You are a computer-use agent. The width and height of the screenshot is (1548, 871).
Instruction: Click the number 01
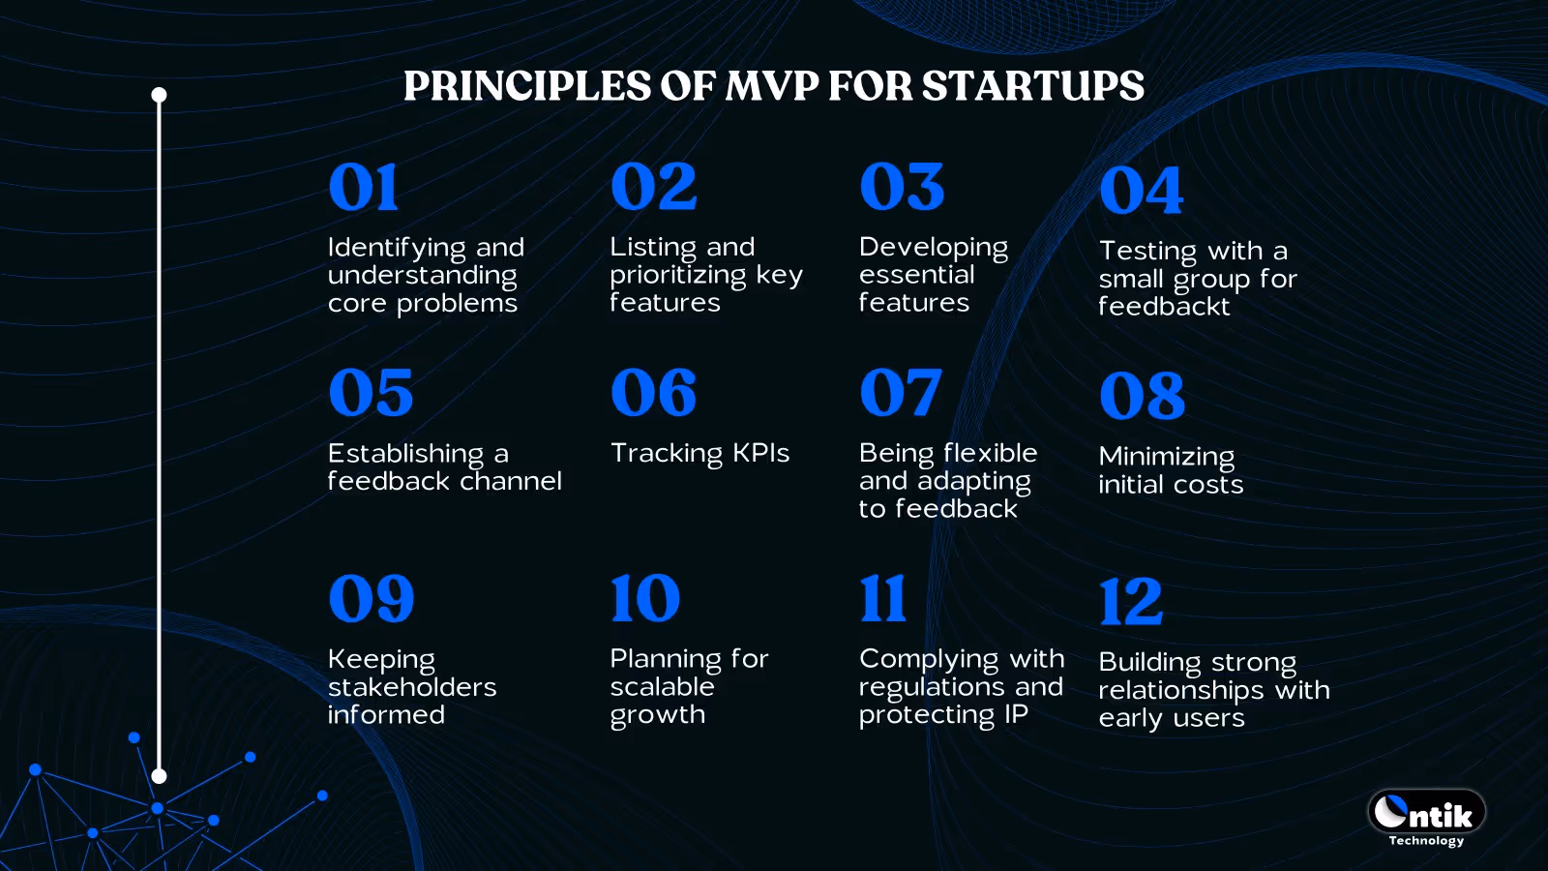(x=363, y=187)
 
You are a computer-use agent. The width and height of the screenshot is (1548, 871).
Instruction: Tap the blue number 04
(x=1141, y=191)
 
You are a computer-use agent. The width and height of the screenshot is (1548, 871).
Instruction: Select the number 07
(x=900, y=393)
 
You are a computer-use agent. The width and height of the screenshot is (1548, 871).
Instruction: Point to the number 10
(x=644, y=598)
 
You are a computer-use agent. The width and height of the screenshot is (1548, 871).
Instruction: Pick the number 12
(x=1130, y=602)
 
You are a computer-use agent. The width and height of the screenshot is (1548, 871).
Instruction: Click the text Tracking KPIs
(x=700, y=453)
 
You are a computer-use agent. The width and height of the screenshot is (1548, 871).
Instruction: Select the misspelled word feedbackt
(x=1164, y=307)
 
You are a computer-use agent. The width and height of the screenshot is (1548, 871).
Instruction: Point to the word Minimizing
(x=1166, y=456)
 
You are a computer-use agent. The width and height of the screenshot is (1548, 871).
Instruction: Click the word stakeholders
(x=412, y=687)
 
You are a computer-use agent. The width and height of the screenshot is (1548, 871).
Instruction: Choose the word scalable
(x=662, y=687)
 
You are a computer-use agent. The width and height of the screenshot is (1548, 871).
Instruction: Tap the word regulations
(x=926, y=687)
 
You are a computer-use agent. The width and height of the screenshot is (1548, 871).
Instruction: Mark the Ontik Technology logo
(x=1426, y=817)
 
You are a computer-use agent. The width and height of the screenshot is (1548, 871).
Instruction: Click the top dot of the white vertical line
(x=160, y=95)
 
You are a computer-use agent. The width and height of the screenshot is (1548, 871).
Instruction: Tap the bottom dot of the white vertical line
(x=160, y=776)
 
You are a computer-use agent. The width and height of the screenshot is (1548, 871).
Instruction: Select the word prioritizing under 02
(x=677, y=276)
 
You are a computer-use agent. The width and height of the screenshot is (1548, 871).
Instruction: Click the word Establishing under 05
(x=405, y=454)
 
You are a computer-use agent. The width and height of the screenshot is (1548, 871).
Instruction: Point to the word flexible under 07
(x=990, y=453)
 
